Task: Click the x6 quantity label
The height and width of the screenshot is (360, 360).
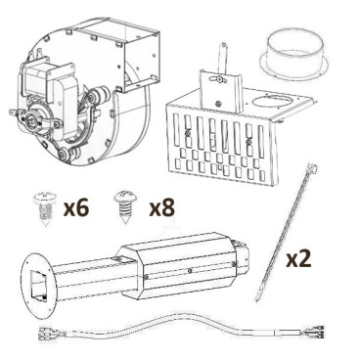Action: (x=76, y=207)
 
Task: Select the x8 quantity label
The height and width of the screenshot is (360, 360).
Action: (x=162, y=207)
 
